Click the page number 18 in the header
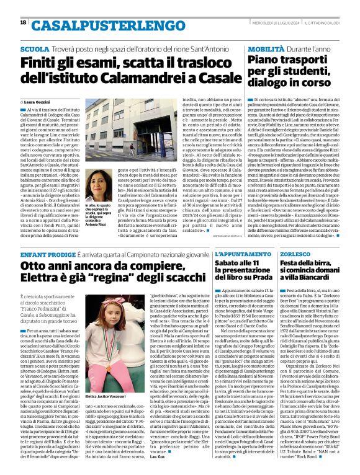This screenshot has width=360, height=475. (x=24, y=22)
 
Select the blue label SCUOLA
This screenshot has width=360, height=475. (x=35, y=48)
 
